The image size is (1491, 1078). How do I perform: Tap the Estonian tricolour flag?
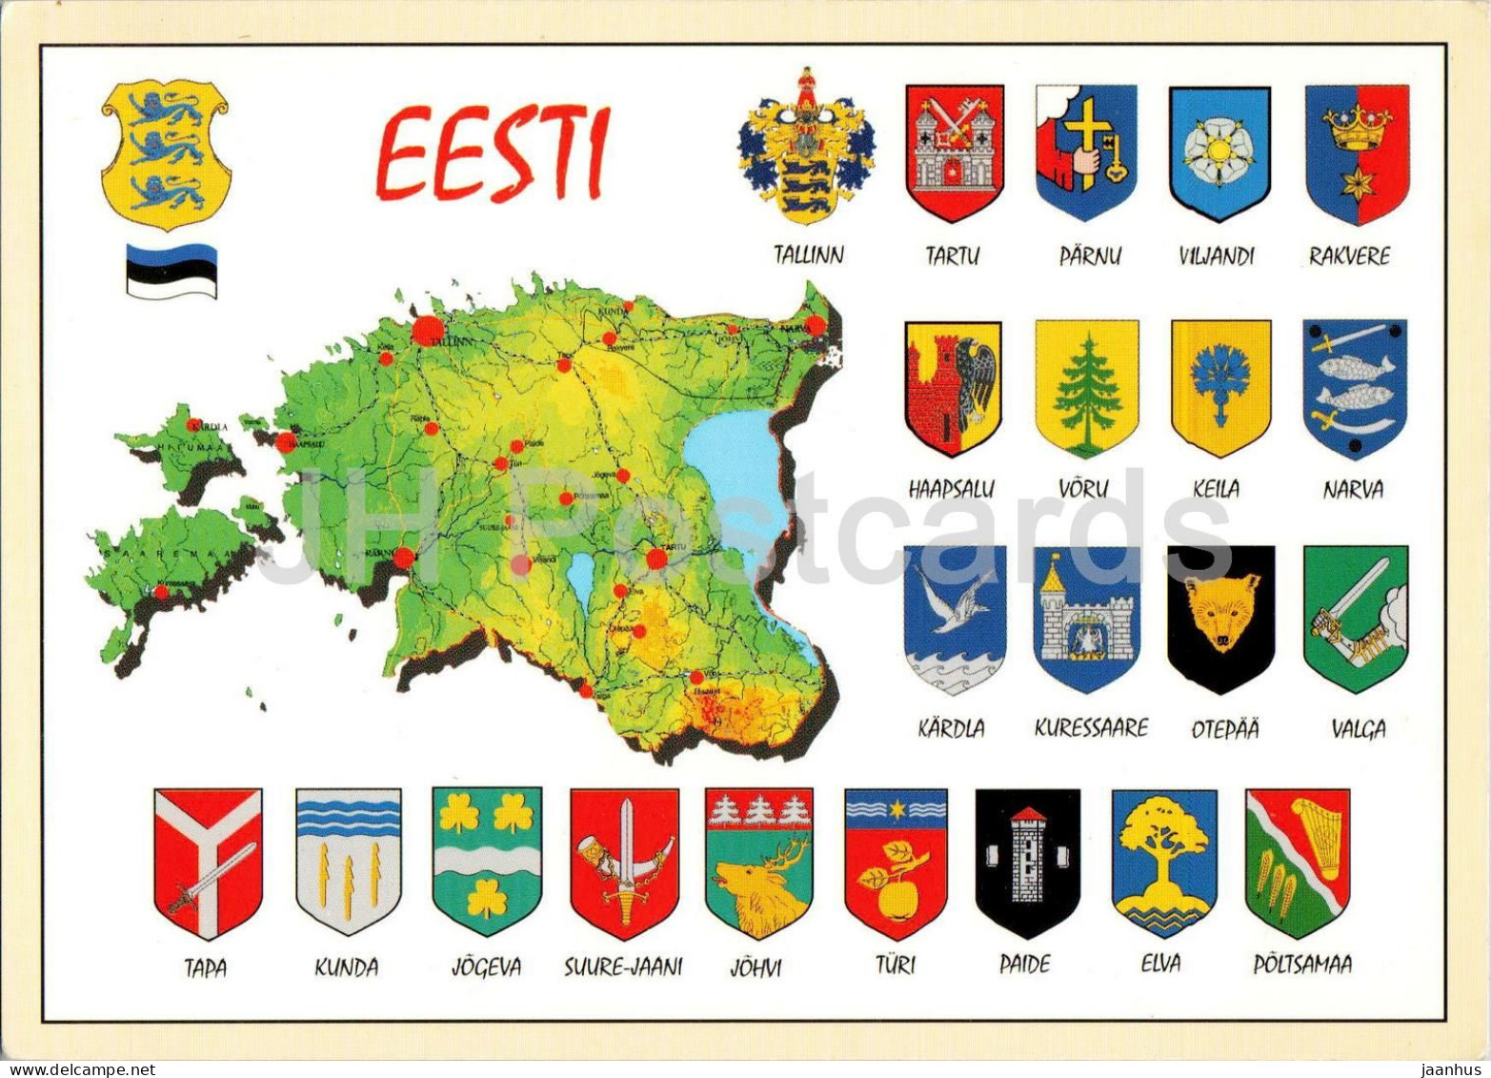pyautogui.click(x=171, y=271)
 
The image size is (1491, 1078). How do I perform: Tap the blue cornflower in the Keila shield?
pyautogui.click(x=1220, y=380)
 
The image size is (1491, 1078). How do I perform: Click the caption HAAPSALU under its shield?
pyautogui.click(x=952, y=490)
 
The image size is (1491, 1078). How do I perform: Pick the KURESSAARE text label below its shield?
pyautogui.click(x=1091, y=728)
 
